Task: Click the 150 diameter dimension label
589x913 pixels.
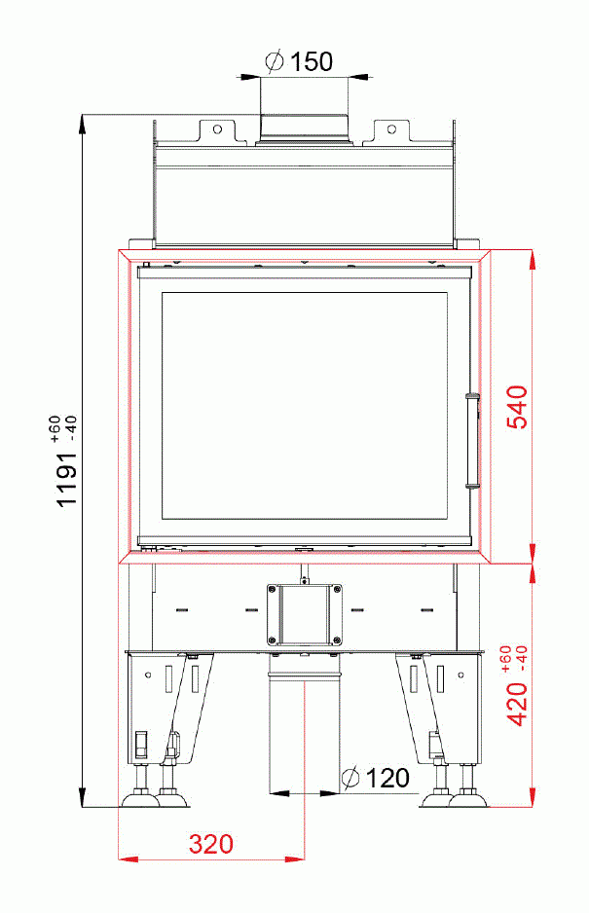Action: pos(312,61)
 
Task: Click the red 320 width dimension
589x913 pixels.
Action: pos(211,843)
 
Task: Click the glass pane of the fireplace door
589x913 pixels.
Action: pos(305,404)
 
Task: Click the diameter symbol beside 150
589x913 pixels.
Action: pos(275,61)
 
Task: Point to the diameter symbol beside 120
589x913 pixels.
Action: pos(350,778)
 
